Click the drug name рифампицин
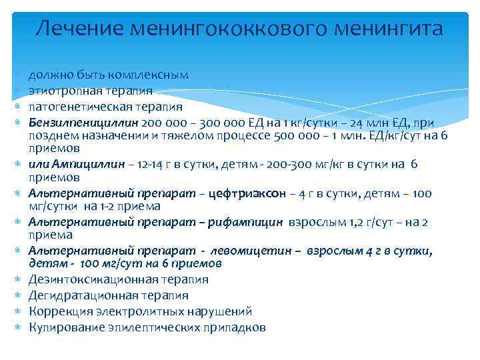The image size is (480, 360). (x=249, y=222)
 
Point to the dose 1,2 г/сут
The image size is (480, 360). (x=359, y=222)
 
